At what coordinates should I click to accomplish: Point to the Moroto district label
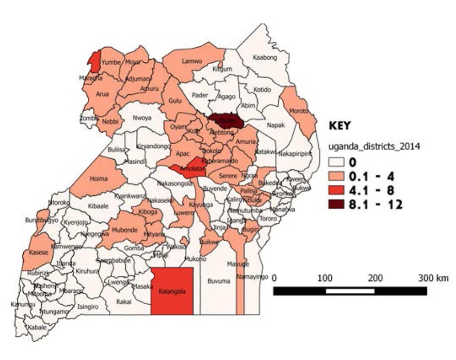(299, 111)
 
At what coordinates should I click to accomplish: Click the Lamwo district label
(192, 61)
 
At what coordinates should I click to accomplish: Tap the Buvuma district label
(219, 281)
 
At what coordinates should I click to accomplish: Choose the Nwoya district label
(142, 118)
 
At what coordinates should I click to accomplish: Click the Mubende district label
(124, 229)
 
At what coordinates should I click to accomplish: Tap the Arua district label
(102, 94)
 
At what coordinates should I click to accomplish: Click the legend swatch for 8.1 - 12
(338, 205)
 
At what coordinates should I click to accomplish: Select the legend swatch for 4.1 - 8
(338, 191)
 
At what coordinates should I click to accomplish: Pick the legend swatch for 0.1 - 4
(338, 176)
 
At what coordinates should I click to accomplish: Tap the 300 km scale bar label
(433, 278)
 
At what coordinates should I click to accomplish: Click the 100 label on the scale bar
(325, 278)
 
